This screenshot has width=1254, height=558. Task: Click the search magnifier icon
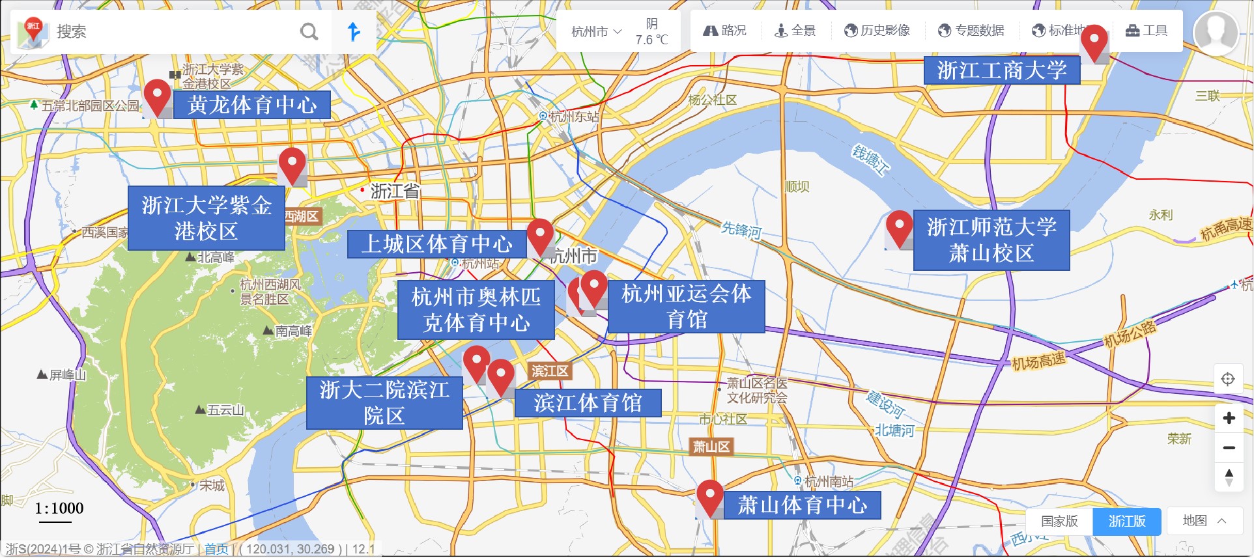tap(309, 31)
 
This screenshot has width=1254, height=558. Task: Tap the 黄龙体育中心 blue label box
tap(252, 105)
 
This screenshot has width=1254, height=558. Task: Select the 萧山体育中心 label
tap(802, 505)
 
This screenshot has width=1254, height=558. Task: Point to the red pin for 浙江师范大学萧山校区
tap(899, 228)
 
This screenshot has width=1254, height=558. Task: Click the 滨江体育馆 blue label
tap(588, 403)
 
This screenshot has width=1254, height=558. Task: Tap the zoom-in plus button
tap(1229, 418)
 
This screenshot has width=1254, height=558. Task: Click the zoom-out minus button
tap(1229, 448)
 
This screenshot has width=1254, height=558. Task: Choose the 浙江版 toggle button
tap(1126, 522)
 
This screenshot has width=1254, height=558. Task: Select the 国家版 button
tap(1059, 522)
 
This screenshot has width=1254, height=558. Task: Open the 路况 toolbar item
tap(725, 31)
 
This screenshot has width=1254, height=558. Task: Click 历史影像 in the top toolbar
tap(877, 31)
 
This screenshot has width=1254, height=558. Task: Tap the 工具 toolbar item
tap(1147, 31)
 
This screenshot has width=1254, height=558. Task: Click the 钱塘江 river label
tap(870, 161)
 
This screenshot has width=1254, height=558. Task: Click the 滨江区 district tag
tap(550, 371)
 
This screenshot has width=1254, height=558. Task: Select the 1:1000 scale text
tap(59, 509)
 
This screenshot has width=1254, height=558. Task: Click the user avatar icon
tap(1216, 33)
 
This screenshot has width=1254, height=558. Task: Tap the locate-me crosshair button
tap(1228, 379)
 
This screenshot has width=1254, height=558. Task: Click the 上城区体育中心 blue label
tap(437, 244)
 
